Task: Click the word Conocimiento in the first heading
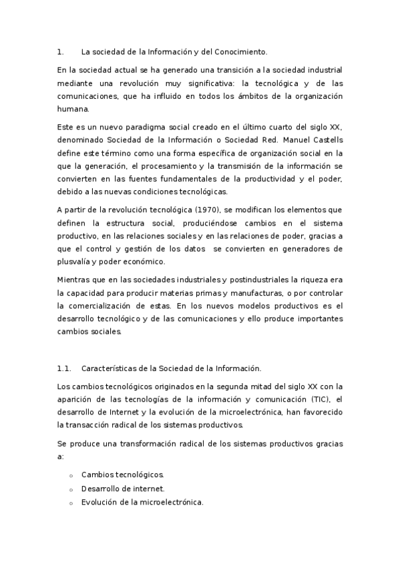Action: click(x=238, y=51)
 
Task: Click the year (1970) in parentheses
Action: click(x=176, y=210)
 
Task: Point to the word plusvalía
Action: click(x=77, y=262)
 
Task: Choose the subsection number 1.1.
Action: click(x=64, y=368)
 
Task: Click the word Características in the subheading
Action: click(x=112, y=368)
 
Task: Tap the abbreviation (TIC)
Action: click(x=317, y=399)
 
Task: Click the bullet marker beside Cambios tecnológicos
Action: click(x=70, y=475)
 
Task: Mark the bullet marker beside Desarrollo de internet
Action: click(x=70, y=489)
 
